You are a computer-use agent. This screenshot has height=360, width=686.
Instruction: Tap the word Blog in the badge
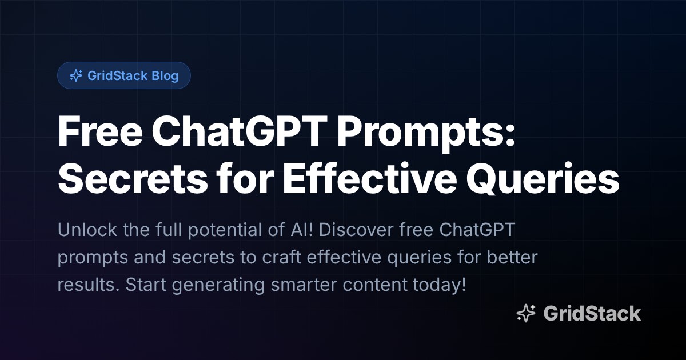[x=165, y=75]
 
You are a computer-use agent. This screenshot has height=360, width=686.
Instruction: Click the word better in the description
[x=512, y=257]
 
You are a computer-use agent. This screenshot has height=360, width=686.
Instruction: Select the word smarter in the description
[x=290, y=284]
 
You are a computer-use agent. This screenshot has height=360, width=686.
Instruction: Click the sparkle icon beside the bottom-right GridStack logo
[x=525, y=313]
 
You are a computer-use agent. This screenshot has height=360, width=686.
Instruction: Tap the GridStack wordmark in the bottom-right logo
[x=592, y=313]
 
